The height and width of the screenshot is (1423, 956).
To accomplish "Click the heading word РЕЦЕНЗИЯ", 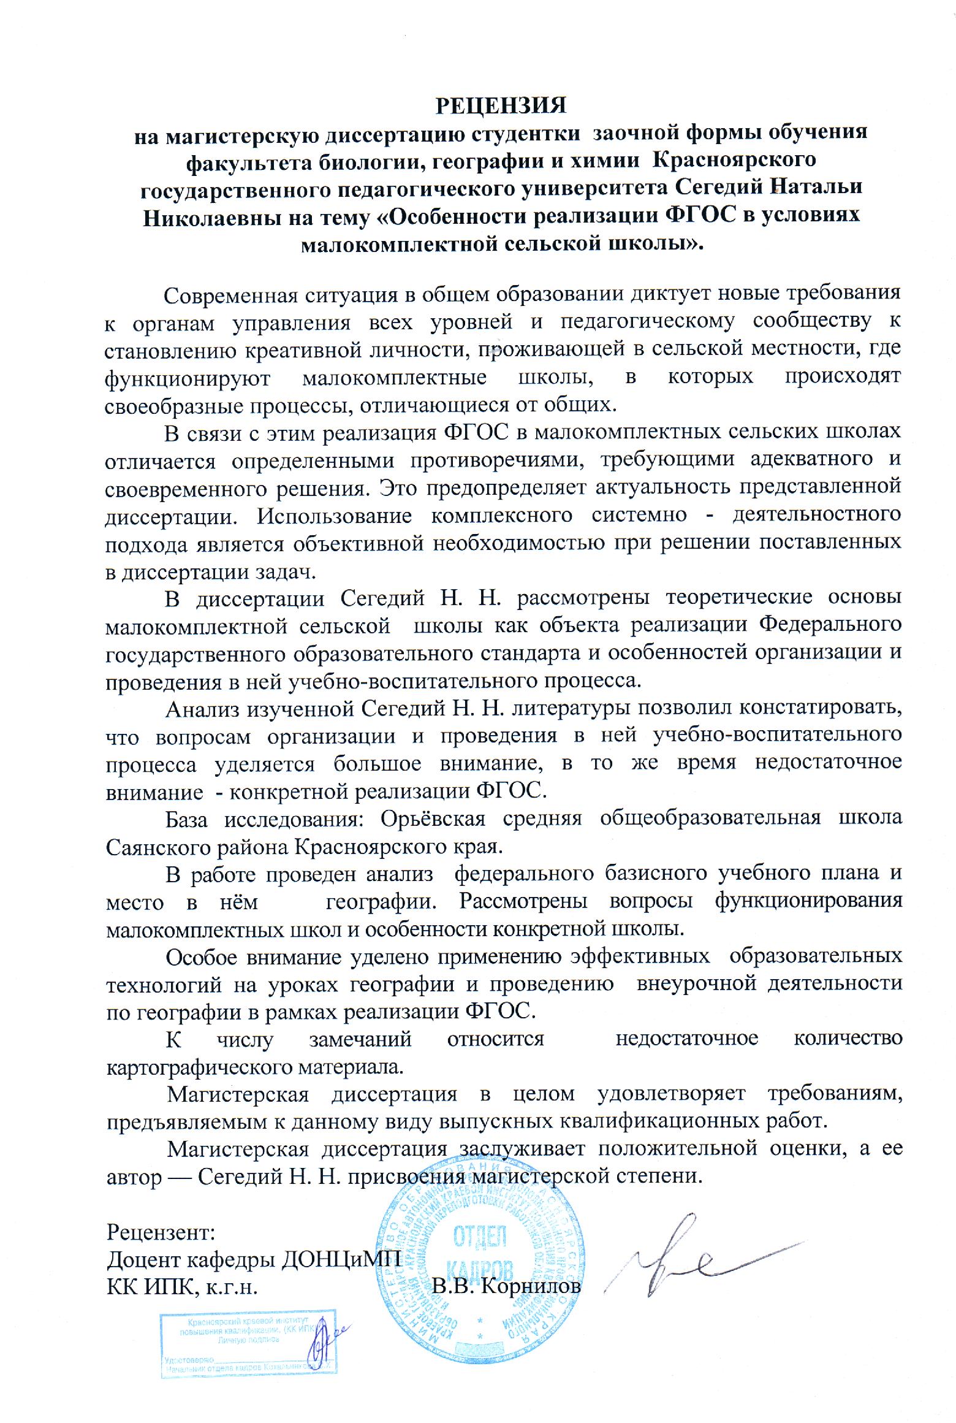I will point(501,105).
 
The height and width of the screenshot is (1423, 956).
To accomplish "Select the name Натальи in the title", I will point(818,186).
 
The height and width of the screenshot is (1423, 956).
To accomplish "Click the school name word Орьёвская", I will point(433,820).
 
